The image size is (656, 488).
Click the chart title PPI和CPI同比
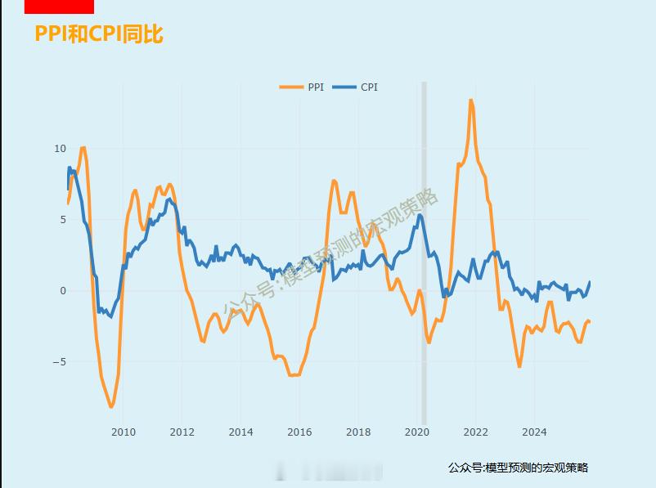(x=99, y=34)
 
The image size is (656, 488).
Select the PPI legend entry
(x=303, y=87)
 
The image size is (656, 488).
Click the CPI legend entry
(x=357, y=87)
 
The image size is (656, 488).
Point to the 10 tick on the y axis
(x=60, y=149)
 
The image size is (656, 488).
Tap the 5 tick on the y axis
(x=62, y=220)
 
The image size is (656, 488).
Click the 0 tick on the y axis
(x=62, y=291)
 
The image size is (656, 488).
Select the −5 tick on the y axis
(x=60, y=362)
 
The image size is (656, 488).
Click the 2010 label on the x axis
(x=123, y=432)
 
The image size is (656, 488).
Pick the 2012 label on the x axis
(x=182, y=432)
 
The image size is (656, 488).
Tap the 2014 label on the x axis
(x=240, y=432)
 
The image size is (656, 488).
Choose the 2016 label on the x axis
(x=299, y=432)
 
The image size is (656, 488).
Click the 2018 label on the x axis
(x=358, y=432)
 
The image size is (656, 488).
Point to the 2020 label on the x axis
(x=417, y=432)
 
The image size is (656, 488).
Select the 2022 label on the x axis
(x=476, y=432)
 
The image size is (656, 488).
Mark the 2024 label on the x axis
(x=535, y=432)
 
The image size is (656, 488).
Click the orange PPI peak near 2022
(x=470, y=101)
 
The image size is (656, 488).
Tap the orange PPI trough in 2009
(x=111, y=405)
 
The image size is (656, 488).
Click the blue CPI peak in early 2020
(x=420, y=216)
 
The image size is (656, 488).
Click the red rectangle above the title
(x=59, y=7)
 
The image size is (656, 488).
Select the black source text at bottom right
(x=518, y=468)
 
